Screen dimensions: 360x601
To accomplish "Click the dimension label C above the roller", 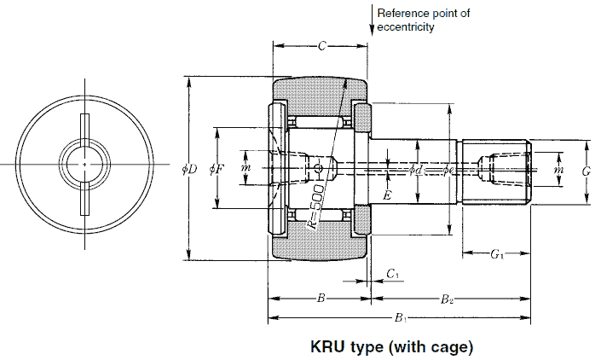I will pos(321,46).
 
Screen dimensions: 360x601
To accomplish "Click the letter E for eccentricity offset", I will pos(387,196).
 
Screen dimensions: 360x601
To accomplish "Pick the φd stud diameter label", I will pos(415,171).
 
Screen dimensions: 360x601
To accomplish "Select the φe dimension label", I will pos(449,171).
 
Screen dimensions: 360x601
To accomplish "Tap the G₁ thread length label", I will pos(496,254).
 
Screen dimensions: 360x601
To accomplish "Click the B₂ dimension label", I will pos(447,299).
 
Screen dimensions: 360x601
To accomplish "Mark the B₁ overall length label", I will pos(399,318).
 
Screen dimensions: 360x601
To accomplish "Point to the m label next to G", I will pos(558,171).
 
